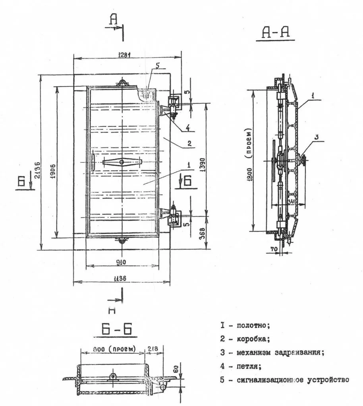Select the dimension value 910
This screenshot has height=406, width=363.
(x=121, y=262)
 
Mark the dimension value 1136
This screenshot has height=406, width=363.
(x=121, y=279)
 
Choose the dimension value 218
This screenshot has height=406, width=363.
(x=153, y=348)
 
